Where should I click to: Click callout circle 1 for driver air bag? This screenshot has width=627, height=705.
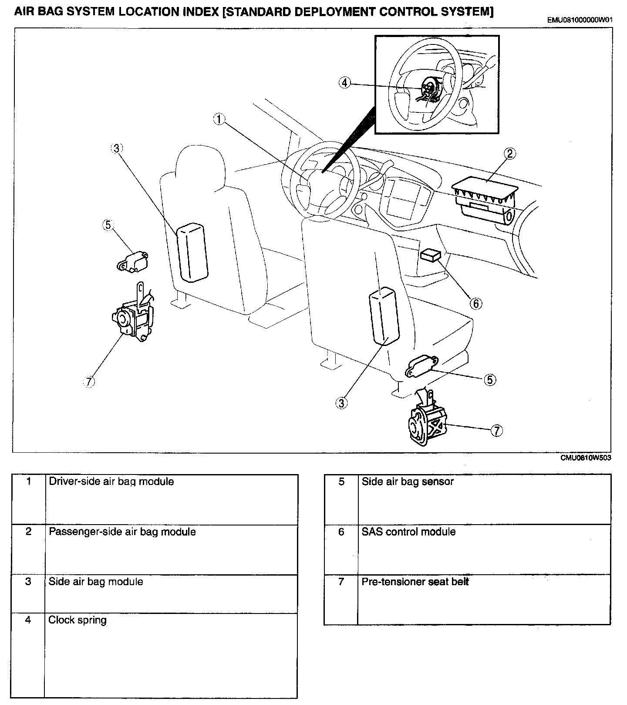pyautogui.click(x=219, y=119)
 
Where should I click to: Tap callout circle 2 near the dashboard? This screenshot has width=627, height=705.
pyautogui.click(x=510, y=153)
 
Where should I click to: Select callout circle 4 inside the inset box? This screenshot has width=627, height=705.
pyautogui.click(x=344, y=82)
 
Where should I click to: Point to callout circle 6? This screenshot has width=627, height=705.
pyautogui.click(x=476, y=303)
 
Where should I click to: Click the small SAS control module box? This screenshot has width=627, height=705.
pyautogui.click(x=430, y=255)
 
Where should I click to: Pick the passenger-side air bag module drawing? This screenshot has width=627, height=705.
pyautogui.click(x=485, y=202)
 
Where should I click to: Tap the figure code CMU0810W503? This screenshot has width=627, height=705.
pyautogui.click(x=586, y=458)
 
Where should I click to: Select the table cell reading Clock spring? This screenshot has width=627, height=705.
pyautogui.click(x=78, y=620)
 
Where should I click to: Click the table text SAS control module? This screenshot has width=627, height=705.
pyautogui.click(x=408, y=532)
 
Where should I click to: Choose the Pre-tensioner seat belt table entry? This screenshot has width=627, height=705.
pyautogui.click(x=415, y=582)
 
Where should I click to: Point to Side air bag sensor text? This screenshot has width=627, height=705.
pyautogui.click(x=408, y=481)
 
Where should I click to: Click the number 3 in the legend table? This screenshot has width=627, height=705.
pyautogui.click(x=28, y=582)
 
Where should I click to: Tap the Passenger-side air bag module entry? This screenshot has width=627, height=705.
pyautogui.click(x=122, y=532)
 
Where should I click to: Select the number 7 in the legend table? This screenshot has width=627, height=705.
pyautogui.click(x=341, y=582)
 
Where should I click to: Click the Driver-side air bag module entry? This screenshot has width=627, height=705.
pyautogui.click(x=111, y=481)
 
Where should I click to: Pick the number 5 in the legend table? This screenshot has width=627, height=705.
pyautogui.click(x=341, y=481)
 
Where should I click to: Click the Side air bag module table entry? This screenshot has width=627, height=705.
pyautogui.click(x=95, y=582)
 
